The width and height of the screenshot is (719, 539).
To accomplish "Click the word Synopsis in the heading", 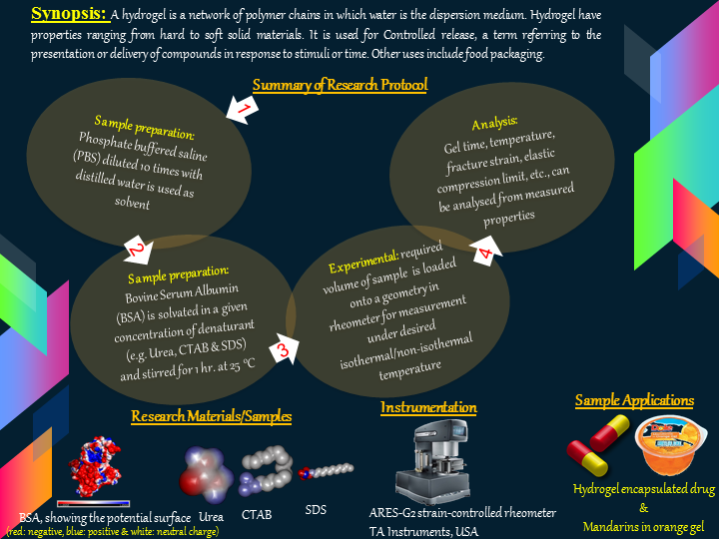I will pos(69,14).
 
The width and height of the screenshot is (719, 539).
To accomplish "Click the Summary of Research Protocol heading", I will pos(340,86).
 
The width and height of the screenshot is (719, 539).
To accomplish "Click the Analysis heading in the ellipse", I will pos(495,122).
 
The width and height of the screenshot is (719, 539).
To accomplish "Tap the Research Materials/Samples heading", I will pos(212,416).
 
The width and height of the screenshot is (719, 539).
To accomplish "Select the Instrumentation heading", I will pos(428,407).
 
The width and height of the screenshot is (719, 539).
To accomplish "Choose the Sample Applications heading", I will pos(634,400).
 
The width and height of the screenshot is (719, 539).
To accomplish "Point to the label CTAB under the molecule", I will pos(259,514).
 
